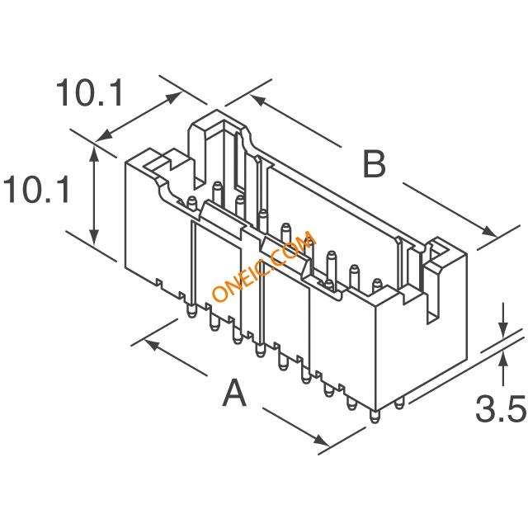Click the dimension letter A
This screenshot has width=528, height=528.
click(x=234, y=393)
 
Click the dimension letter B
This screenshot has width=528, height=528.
click(x=374, y=164)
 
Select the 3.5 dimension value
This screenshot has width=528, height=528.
click(x=501, y=409)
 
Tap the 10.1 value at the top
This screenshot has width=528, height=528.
click(x=90, y=93)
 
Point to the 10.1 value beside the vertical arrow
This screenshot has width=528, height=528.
click(x=36, y=189)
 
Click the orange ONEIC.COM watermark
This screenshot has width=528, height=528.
click(x=264, y=266)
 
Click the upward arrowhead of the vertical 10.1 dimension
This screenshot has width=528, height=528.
click(x=94, y=153)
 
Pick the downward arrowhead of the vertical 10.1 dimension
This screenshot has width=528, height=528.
click(x=94, y=237)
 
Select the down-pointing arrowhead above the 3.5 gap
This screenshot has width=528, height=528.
click(x=503, y=329)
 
